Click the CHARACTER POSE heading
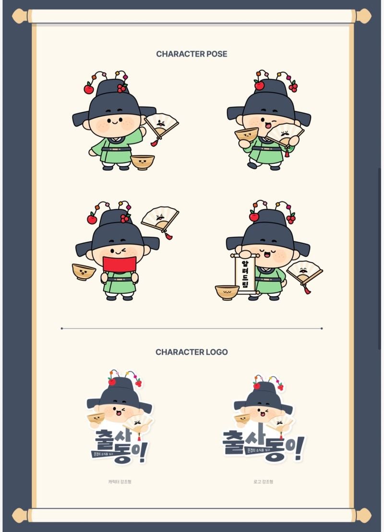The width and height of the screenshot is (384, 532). tap(192, 54)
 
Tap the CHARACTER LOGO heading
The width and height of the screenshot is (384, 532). tap(192, 352)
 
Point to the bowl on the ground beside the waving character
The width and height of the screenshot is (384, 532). tap(143, 162)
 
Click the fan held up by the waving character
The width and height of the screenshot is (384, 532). tap(161, 126)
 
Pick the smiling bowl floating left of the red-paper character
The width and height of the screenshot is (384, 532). tap(84, 272)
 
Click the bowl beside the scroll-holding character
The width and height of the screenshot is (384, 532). tap(227, 292)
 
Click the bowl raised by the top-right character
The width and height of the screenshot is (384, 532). tap(246, 134)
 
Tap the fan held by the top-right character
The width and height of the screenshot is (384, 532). tap(285, 135)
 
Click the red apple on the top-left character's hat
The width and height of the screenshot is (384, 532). tap(89, 89)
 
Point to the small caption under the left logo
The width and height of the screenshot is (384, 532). tap(120, 482)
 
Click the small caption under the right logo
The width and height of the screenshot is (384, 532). tap(264, 482)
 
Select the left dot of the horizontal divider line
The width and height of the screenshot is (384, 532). tap(62, 329)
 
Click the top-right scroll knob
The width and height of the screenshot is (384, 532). tap(363, 16)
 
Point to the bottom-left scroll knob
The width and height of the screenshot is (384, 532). tap(20, 515)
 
